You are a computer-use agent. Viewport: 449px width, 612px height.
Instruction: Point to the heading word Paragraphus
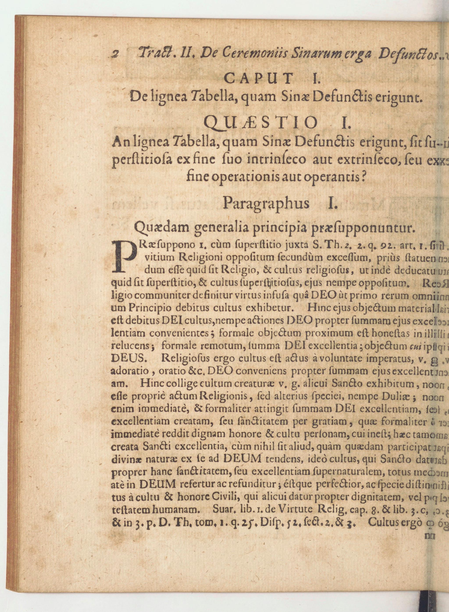(x=266, y=203)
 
